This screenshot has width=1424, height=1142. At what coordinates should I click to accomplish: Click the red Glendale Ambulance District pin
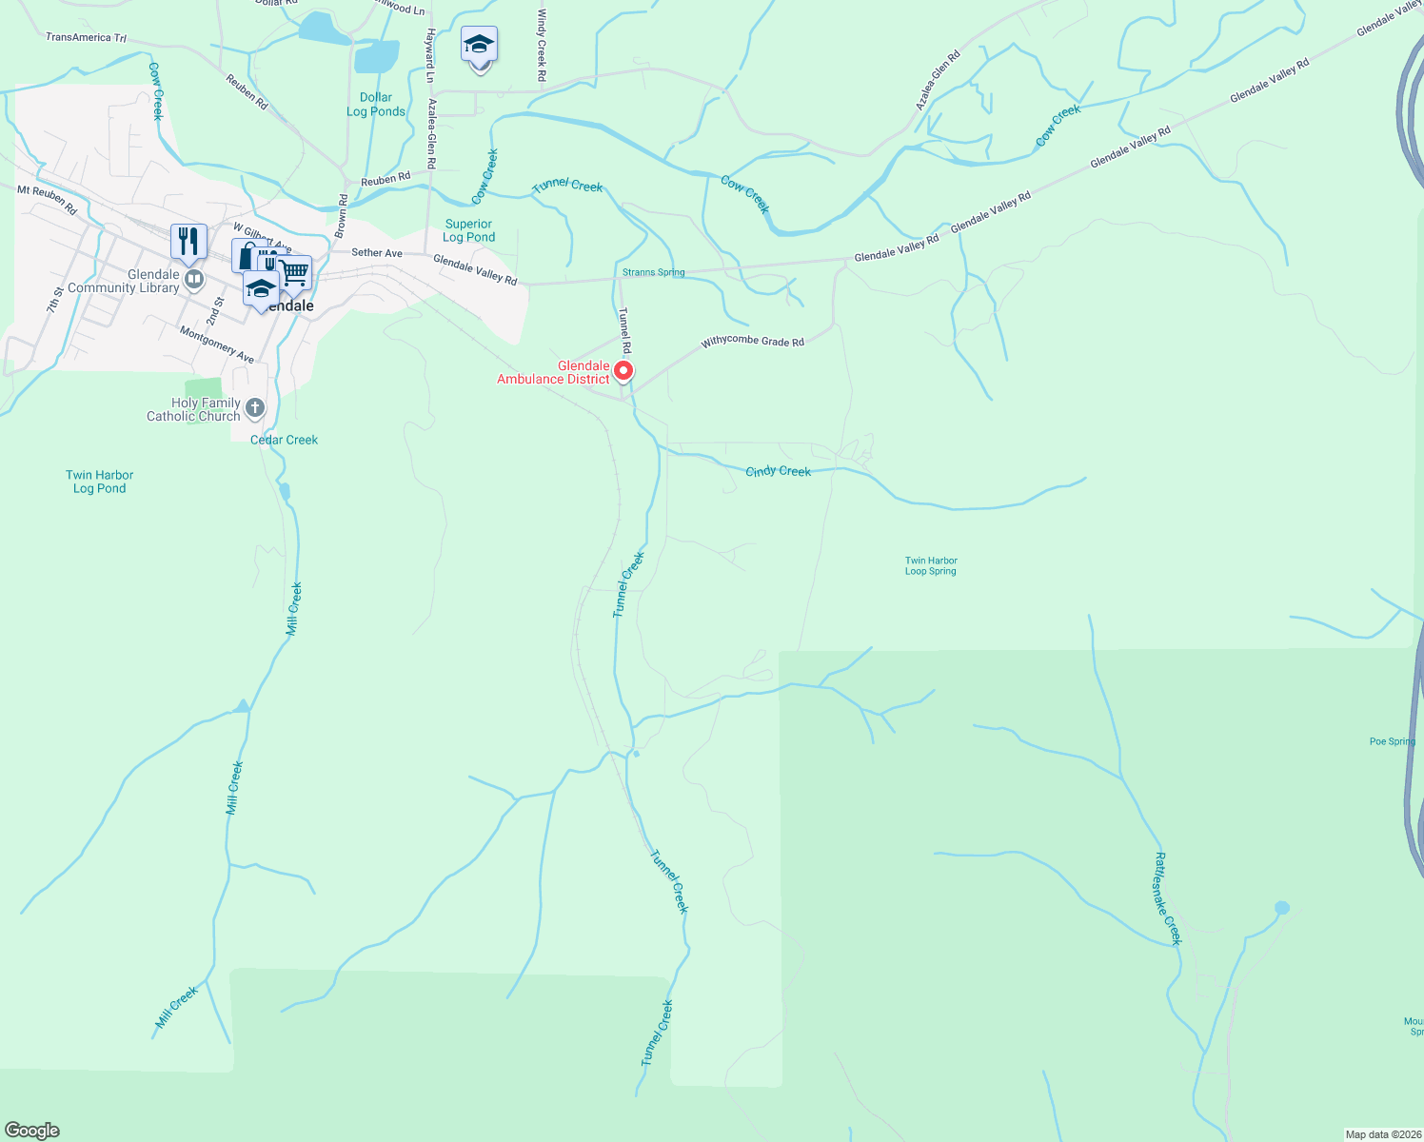(623, 370)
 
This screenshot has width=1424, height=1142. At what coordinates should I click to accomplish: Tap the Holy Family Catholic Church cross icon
(254, 408)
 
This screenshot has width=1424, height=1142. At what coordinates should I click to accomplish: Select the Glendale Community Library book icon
(194, 279)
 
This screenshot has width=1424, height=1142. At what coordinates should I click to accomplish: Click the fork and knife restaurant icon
(188, 242)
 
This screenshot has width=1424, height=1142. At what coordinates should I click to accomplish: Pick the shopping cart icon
(295, 272)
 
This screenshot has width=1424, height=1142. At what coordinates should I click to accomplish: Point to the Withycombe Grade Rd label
(752, 342)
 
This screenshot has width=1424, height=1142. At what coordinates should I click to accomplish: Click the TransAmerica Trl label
(86, 37)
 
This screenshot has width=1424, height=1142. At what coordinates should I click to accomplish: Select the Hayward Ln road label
(430, 55)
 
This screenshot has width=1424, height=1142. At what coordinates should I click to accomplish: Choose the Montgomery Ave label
(217, 344)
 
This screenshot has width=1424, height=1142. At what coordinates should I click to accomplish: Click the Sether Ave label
(377, 253)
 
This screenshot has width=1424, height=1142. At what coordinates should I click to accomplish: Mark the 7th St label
(55, 300)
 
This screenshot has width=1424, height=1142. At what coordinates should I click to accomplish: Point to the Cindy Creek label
(778, 471)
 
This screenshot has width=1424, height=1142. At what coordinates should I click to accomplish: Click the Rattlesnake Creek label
(1167, 898)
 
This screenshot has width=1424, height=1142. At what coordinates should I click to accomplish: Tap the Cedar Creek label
(284, 440)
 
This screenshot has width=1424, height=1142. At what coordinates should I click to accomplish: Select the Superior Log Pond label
(468, 230)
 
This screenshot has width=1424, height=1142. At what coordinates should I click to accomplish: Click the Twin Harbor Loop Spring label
(930, 566)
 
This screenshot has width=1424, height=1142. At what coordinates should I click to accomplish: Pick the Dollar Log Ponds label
(376, 105)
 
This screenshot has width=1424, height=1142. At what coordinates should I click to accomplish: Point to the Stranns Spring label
(653, 272)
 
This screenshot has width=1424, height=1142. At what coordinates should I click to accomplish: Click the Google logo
(32, 1130)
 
